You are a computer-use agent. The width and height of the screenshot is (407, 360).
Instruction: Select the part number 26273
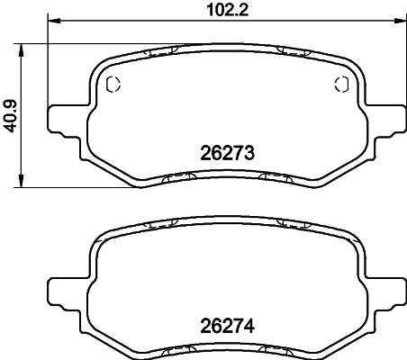(x=226, y=154)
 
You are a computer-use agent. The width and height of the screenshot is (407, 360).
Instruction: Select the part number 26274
(x=226, y=326)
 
